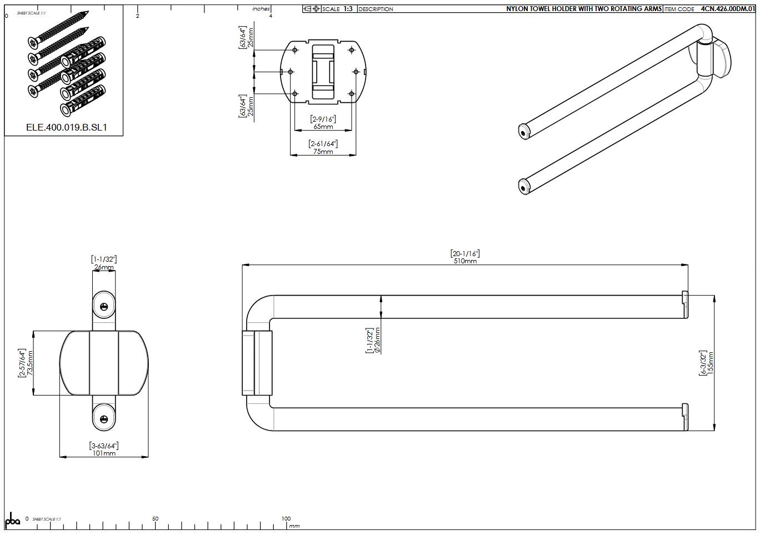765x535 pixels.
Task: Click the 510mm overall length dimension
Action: [x=465, y=261]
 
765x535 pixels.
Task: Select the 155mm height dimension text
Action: [x=711, y=363]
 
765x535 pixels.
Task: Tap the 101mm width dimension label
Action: [x=104, y=453]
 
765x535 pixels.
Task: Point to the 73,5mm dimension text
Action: [x=31, y=363]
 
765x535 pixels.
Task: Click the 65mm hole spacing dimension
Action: [x=323, y=127]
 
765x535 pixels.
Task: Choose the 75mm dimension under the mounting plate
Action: [x=323, y=152]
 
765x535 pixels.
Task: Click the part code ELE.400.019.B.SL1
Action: [x=67, y=128]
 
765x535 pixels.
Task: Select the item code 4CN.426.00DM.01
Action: [x=728, y=9]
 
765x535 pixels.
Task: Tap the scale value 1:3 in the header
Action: [x=348, y=9]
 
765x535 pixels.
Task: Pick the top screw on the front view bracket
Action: [x=104, y=307]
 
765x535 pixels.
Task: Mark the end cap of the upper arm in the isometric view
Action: [x=524, y=132]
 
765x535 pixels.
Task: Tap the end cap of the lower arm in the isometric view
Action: [x=523, y=187]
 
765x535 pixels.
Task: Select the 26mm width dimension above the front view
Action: [x=104, y=267]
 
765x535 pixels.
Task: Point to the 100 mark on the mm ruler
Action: [x=286, y=519]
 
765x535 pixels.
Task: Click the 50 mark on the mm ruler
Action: [x=156, y=519]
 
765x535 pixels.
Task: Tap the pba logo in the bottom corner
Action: [x=12, y=521]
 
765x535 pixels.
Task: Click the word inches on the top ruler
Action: [x=261, y=9]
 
